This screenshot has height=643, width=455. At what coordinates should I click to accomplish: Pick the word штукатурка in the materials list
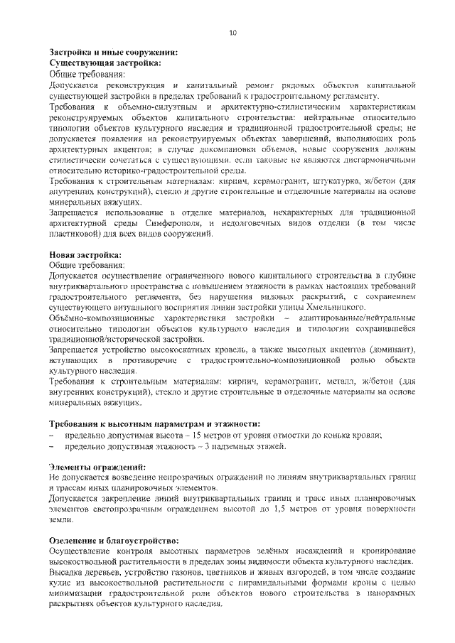(335, 182)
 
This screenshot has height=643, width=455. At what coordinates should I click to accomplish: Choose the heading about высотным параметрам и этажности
(154, 423)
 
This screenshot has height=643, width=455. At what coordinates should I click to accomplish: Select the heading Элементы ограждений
(97, 468)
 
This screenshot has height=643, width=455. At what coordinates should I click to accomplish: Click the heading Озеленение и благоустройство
(113, 541)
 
